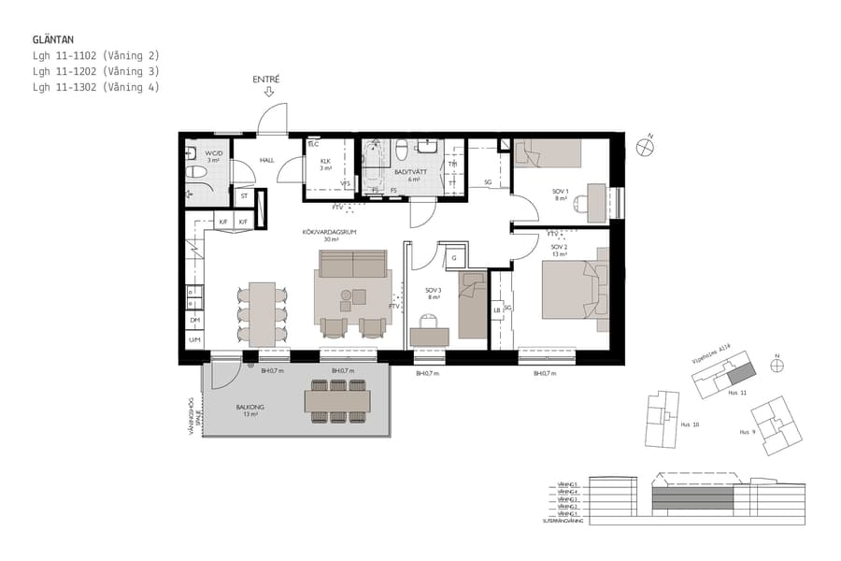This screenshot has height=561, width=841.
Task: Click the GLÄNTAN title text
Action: point(53,40)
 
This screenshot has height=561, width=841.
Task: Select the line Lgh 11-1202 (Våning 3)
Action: point(95,71)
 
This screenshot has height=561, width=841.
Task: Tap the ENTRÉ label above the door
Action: point(266,79)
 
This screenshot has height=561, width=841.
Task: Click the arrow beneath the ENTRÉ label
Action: point(269,92)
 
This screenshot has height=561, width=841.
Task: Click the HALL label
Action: point(266,161)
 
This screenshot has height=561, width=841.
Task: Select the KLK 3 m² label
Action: point(326,164)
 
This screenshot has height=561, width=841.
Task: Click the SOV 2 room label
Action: point(559,250)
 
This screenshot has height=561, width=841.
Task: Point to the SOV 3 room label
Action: point(433,294)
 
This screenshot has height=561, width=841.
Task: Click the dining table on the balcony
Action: point(337,400)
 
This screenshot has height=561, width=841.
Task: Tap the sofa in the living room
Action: point(353,265)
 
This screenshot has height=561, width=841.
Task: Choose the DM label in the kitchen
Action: point(194,321)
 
